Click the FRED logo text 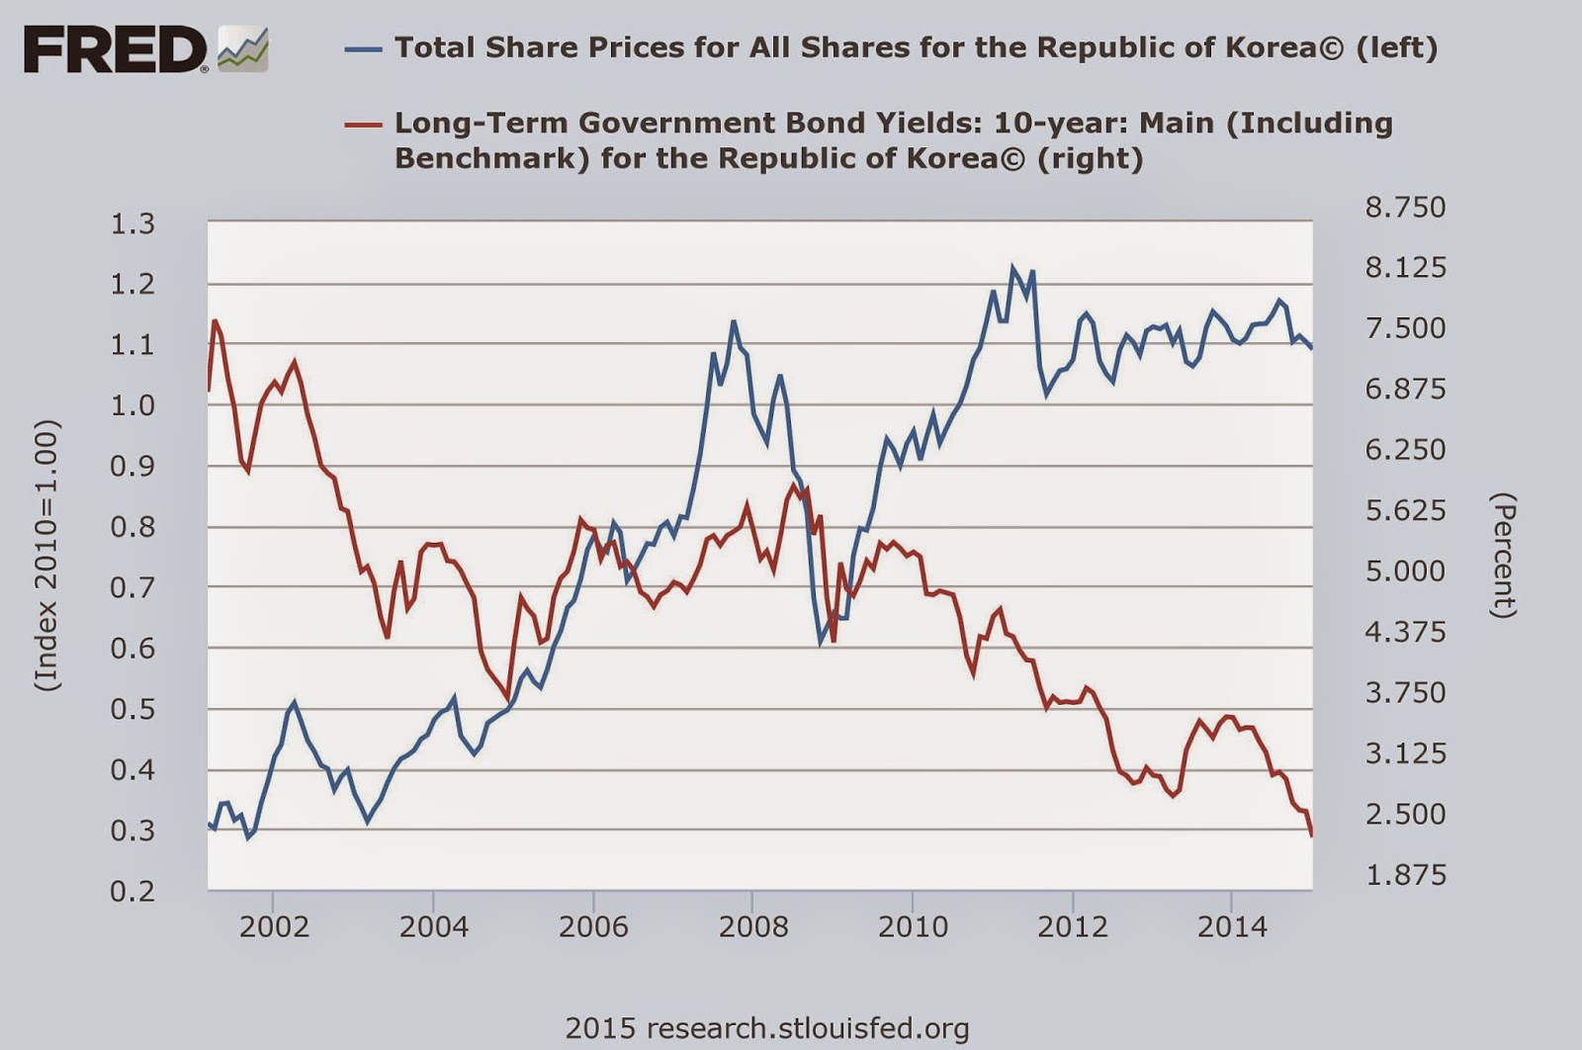point(115,49)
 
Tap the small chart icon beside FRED point(243,49)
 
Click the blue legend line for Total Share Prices point(363,47)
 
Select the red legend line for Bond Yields point(363,124)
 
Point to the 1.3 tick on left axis point(132,223)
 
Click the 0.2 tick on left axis point(132,891)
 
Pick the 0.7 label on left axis point(132,587)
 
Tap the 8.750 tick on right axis point(1405,207)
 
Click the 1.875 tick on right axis point(1405,874)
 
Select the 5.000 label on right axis point(1405,570)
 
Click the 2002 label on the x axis point(274,926)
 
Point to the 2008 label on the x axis point(753,926)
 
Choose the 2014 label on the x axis point(1232,926)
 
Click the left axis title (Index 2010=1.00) point(47,555)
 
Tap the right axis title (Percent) point(1503,555)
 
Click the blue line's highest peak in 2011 point(1012,267)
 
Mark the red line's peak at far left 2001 point(215,320)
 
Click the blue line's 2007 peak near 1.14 point(733,321)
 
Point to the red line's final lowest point point(1311,836)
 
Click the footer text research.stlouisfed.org point(766,1027)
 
